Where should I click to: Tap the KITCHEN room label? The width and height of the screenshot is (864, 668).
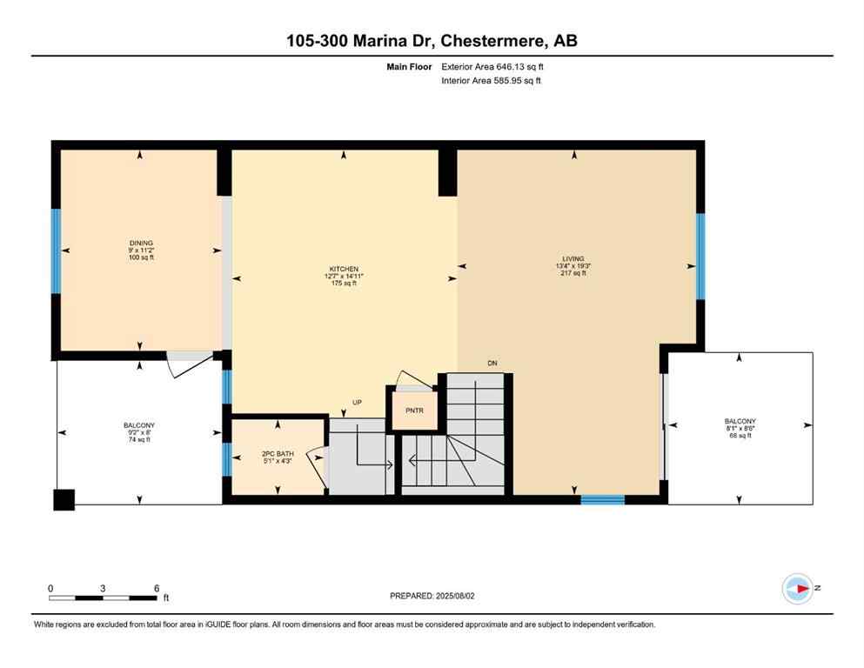[344, 270]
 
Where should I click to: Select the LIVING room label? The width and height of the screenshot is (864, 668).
[573, 258]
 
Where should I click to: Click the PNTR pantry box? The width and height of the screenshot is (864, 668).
[414, 411]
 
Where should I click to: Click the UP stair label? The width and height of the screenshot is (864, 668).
[357, 402]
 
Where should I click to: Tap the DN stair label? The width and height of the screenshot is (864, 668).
[492, 363]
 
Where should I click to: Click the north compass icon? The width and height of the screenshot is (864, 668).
[797, 589]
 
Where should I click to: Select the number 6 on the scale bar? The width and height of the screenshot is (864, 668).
[157, 588]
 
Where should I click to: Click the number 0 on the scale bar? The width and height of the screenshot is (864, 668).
[51, 588]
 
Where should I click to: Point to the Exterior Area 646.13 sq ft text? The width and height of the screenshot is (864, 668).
[497, 66]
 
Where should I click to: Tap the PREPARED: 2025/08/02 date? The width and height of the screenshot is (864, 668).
[433, 596]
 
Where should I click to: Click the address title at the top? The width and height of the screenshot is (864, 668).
[432, 40]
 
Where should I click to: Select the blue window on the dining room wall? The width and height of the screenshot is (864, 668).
[57, 251]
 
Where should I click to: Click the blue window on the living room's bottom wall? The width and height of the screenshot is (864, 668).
[602, 499]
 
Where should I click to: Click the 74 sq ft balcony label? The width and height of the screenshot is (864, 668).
[139, 440]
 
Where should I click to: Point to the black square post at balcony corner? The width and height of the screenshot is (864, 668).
[64, 499]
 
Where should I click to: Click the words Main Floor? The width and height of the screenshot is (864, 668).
[411, 66]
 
